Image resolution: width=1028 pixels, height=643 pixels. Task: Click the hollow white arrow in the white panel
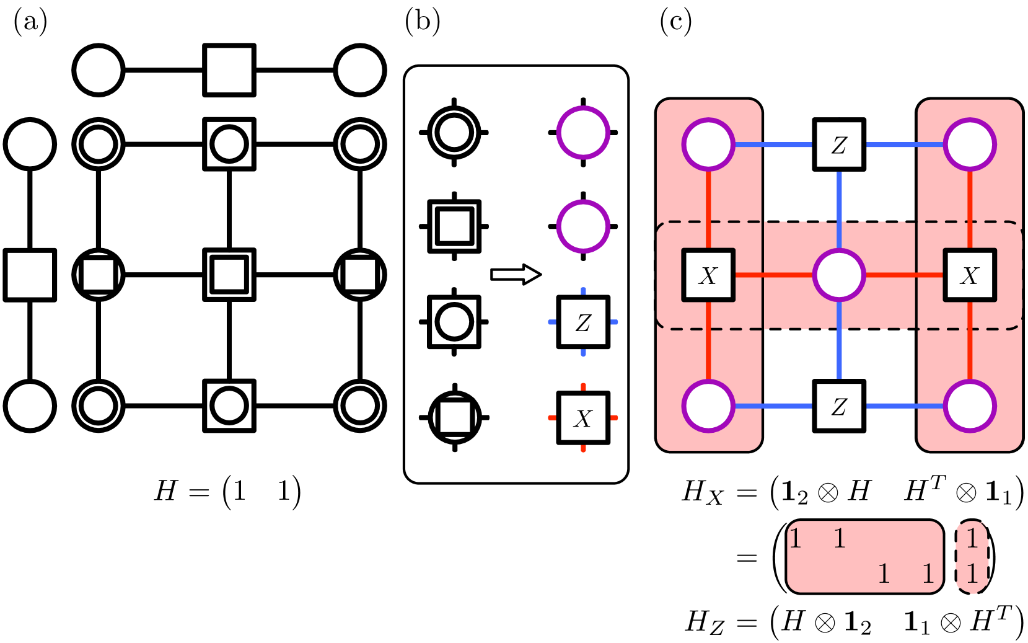(516, 274)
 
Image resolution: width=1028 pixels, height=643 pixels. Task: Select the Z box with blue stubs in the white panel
(583, 322)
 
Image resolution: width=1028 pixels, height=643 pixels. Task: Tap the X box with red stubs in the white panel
(583, 418)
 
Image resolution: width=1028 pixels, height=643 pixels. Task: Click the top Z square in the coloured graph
(839, 144)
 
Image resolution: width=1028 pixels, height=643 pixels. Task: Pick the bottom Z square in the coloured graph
(839, 406)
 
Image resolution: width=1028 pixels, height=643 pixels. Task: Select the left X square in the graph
(708, 275)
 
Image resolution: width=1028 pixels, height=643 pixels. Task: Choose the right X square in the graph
(970, 275)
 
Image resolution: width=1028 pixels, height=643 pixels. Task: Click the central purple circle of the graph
(839, 275)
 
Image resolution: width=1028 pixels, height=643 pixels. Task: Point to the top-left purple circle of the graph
(708, 144)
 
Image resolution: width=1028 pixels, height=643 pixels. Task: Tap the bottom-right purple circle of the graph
(970, 406)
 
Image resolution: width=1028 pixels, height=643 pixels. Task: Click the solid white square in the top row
(229, 70)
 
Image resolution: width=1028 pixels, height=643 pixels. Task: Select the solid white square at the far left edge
(30, 275)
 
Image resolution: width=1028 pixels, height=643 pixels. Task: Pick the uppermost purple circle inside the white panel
(583, 133)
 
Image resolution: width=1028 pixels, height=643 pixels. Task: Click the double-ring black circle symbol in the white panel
(454, 133)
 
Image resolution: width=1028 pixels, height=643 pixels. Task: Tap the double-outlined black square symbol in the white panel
(454, 226)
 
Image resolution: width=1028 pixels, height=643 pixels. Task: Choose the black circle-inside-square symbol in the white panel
(454, 322)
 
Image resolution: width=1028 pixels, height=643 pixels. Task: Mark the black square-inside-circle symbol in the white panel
(454, 417)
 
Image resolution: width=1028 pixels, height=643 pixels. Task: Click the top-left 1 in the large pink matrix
(796, 538)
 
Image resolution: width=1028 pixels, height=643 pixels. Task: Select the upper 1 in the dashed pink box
(972, 538)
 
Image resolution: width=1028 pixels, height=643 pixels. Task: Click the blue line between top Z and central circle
(839, 208)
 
